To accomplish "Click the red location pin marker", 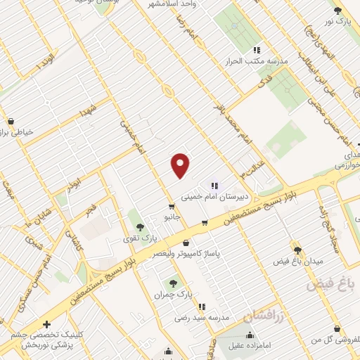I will [x=181, y=165].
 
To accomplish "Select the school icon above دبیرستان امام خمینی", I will [x=214, y=186].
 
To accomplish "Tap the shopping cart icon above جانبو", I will [x=171, y=207].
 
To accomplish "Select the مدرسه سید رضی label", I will [x=202, y=319].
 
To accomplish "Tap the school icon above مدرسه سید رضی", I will [x=202, y=307].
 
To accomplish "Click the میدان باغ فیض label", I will [x=297, y=262].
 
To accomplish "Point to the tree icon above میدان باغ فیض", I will [x=297, y=249].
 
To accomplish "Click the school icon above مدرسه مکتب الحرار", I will [x=256, y=50].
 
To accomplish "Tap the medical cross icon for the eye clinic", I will [x=46, y=325].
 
